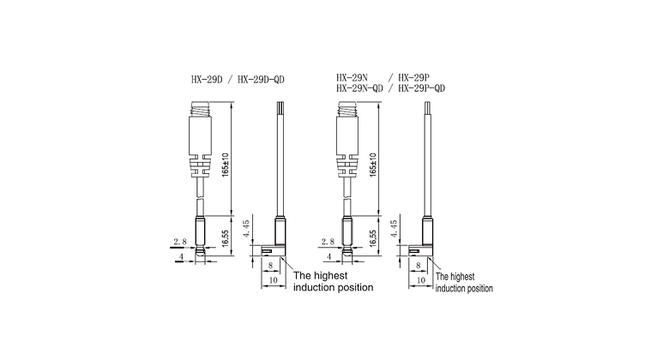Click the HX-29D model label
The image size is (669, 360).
point(207,80)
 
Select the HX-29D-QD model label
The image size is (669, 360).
point(261,80)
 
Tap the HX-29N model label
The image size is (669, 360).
point(352,78)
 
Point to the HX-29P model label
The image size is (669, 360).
point(414,78)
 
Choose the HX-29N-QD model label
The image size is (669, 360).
point(359,88)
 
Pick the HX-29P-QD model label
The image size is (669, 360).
point(421,88)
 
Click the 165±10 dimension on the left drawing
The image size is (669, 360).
point(226,165)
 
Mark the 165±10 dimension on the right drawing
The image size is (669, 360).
point(373,165)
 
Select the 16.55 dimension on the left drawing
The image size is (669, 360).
point(226,238)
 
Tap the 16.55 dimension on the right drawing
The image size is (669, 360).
point(373,238)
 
